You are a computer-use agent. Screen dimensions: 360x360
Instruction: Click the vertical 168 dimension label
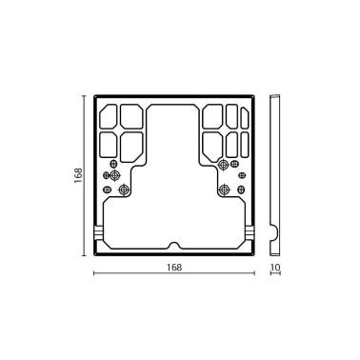point(79,175)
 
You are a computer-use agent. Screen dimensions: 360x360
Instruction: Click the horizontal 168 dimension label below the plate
point(173,268)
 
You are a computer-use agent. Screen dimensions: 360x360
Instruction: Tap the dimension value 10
point(275,268)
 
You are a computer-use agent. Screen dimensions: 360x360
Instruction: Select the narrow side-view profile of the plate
point(274,175)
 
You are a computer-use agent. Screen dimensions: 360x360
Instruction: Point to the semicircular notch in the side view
point(275,231)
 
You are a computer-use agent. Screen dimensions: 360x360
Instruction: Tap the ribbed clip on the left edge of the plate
point(98,232)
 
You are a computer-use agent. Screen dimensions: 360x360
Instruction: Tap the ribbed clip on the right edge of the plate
point(251,232)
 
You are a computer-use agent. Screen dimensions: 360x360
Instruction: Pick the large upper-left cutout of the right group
point(214,118)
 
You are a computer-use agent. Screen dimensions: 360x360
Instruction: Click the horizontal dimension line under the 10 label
point(275,275)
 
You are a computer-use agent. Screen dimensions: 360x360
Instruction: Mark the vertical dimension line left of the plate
point(88,175)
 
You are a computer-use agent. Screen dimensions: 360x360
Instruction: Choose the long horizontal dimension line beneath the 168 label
point(174,275)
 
